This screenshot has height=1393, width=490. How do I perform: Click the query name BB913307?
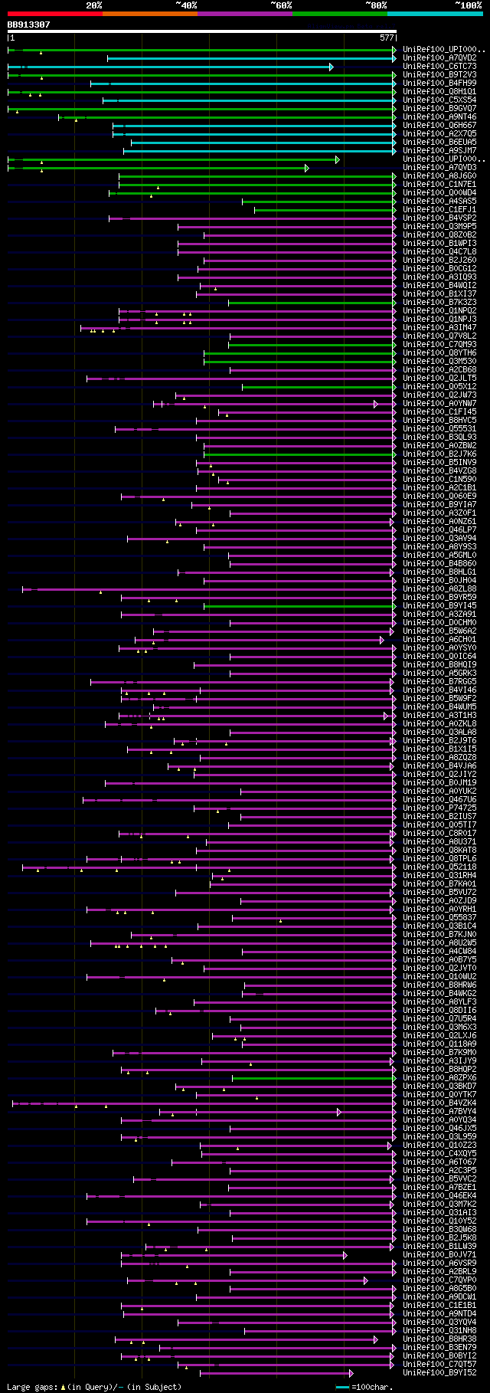click(29, 25)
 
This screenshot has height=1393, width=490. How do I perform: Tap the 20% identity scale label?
click(93, 5)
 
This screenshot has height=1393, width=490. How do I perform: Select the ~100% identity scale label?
click(468, 5)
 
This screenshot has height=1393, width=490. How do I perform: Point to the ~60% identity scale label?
click(281, 5)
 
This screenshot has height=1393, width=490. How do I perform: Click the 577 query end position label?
click(387, 38)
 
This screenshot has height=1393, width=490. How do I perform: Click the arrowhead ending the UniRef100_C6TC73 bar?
click(332, 67)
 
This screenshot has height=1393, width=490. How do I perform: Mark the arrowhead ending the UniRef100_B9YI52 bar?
click(351, 1373)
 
